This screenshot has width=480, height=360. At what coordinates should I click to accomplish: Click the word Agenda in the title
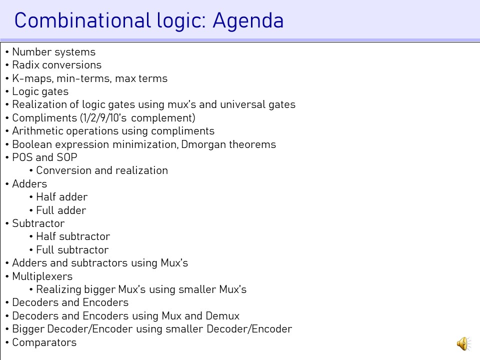248,21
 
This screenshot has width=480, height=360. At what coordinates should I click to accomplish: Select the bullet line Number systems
54,52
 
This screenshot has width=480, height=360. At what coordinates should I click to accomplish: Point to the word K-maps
33,78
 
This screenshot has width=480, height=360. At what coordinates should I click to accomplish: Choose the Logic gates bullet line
40,92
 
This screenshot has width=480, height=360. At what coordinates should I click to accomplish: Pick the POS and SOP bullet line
44,157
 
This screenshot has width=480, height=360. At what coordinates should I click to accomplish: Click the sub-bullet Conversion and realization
102,170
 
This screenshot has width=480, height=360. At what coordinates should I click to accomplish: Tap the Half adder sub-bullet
62,197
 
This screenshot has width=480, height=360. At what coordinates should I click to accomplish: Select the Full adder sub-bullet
61,210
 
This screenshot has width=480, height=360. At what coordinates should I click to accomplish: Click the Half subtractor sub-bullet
73,236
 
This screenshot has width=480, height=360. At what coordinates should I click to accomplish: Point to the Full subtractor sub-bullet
72,250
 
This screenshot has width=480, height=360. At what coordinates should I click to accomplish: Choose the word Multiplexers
42,276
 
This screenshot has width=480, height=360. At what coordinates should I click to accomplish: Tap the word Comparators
44,342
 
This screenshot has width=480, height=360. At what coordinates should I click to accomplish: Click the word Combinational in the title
82,20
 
